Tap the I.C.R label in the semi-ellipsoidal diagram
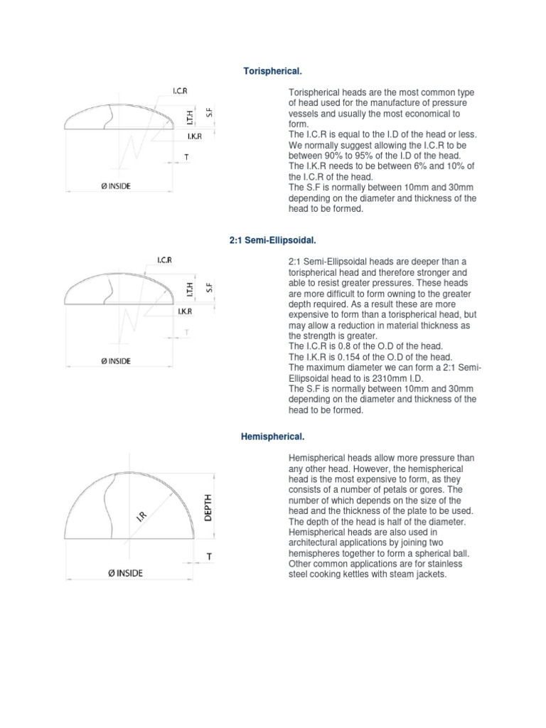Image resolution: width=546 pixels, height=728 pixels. [x=165, y=261]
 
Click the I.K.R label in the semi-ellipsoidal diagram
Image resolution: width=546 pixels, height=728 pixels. [x=184, y=310]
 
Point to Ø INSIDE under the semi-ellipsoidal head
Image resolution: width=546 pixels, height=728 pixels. [x=114, y=361]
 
